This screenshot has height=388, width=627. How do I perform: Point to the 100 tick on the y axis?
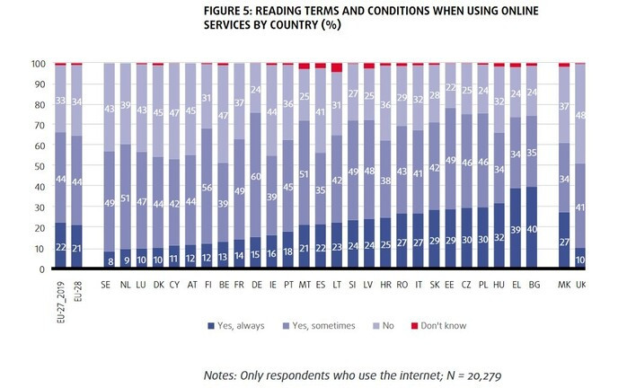[39, 64]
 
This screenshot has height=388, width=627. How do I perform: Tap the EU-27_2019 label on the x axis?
[60, 293]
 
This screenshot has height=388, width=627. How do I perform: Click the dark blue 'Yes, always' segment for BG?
[532, 228]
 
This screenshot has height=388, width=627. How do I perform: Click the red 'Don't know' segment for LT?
[337, 67]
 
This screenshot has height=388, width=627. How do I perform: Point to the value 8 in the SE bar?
[110, 261]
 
